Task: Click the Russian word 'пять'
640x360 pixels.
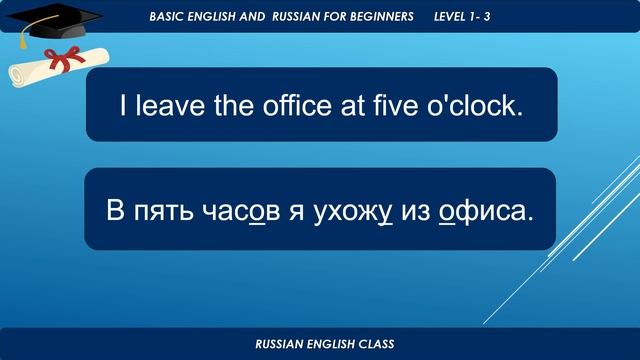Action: click(160, 212)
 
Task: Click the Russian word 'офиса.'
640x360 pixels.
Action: click(488, 212)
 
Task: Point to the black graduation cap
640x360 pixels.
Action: click(61, 21)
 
